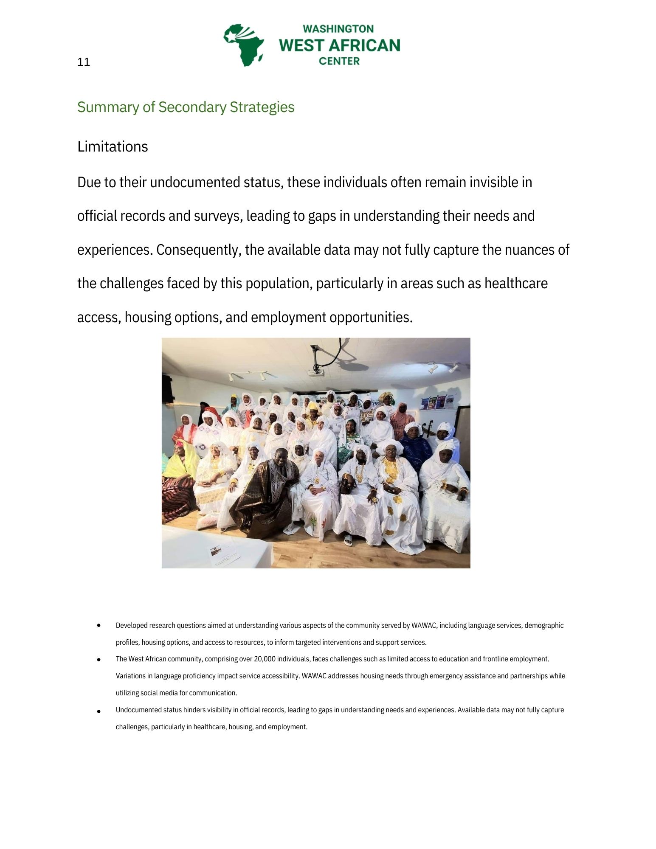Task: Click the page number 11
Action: [x=84, y=62]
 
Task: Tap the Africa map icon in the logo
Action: [x=244, y=45]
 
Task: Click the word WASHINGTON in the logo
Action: [x=338, y=29]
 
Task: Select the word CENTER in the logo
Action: [x=339, y=61]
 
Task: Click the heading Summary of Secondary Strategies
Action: [x=186, y=107]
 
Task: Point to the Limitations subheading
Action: [x=113, y=146]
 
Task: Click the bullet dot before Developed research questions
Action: [x=99, y=625]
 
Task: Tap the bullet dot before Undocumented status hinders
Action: [x=99, y=711]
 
